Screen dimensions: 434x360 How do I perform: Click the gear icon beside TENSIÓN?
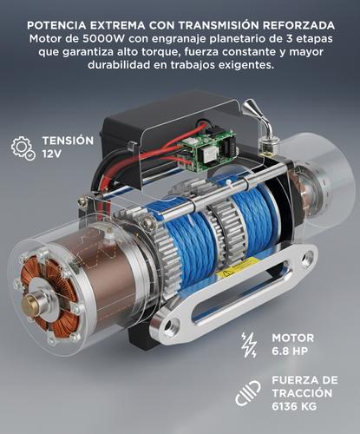[x=24, y=148]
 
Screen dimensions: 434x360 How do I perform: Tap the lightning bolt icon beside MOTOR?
[x=250, y=344]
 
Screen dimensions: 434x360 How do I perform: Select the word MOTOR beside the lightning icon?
[x=292, y=337]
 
